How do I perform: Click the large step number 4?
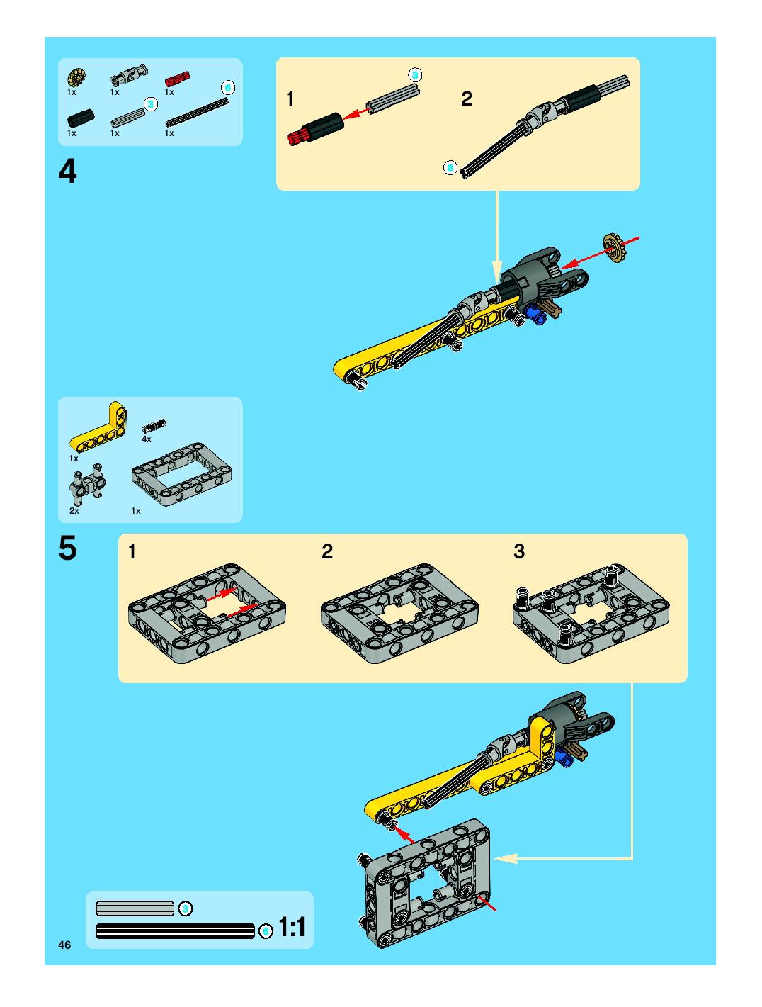(x=68, y=172)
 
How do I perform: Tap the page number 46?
(x=64, y=945)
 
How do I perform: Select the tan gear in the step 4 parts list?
(x=76, y=78)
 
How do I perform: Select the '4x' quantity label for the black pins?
(x=146, y=439)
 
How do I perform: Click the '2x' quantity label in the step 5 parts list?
(x=74, y=511)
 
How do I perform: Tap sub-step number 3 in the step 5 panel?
(x=519, y=551)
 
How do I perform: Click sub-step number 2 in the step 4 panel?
(x=467, y=99)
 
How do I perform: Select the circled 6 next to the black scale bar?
(x=266, y=932)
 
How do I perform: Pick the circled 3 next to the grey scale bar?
(x=185, y=908)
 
